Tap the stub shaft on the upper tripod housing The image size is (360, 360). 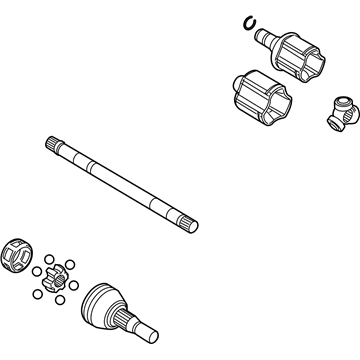[266, 38]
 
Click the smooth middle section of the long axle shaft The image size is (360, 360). [120, 186]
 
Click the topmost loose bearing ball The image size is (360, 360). [50, 257]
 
